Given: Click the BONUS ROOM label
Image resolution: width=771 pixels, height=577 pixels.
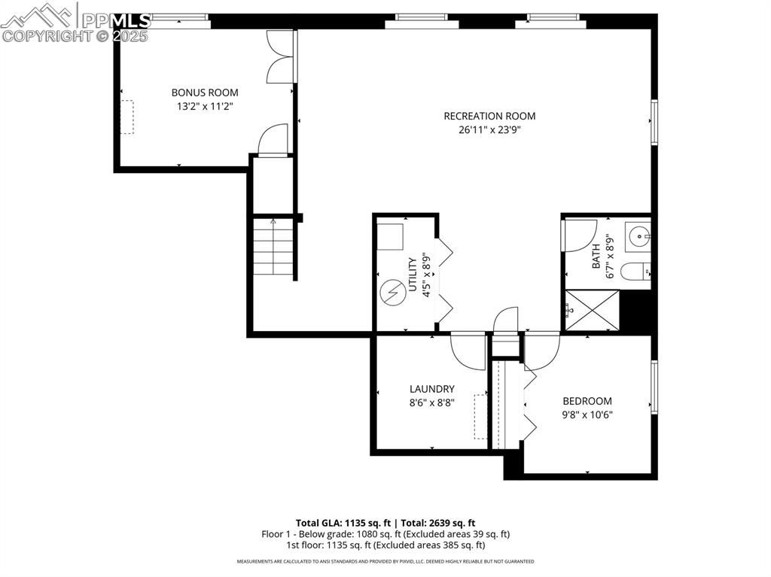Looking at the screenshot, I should click(205, 93).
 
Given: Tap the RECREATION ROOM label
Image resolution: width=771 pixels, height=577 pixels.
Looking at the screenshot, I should click(489, 116).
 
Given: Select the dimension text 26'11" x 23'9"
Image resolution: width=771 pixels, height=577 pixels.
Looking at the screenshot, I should click(489, 130).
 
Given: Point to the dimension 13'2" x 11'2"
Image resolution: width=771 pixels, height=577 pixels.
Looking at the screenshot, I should click(205, 107).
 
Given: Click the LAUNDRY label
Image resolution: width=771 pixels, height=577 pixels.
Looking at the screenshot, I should click(431, 389).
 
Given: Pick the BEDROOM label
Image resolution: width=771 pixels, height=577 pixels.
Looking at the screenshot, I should click(587, 401).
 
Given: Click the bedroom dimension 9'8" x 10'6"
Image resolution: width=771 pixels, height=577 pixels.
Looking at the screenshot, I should click(587, 415).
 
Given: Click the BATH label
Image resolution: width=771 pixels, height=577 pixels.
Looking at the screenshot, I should click(596, 256).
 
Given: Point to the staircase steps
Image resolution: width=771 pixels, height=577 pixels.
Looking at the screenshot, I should click(273, 246).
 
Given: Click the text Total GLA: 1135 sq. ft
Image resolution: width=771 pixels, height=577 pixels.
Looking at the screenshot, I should click(341, 522).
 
